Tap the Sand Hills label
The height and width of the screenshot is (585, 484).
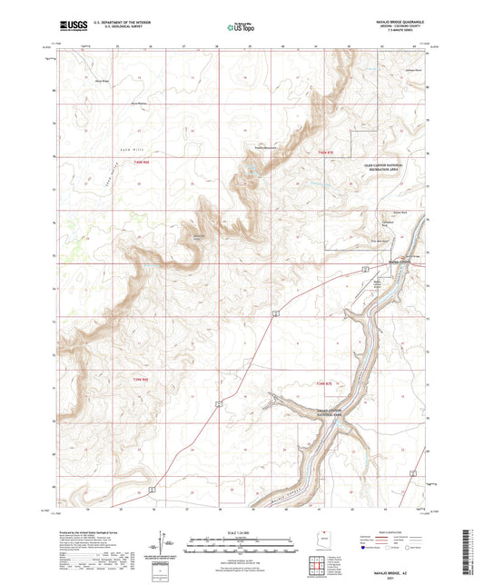[98, 130]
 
